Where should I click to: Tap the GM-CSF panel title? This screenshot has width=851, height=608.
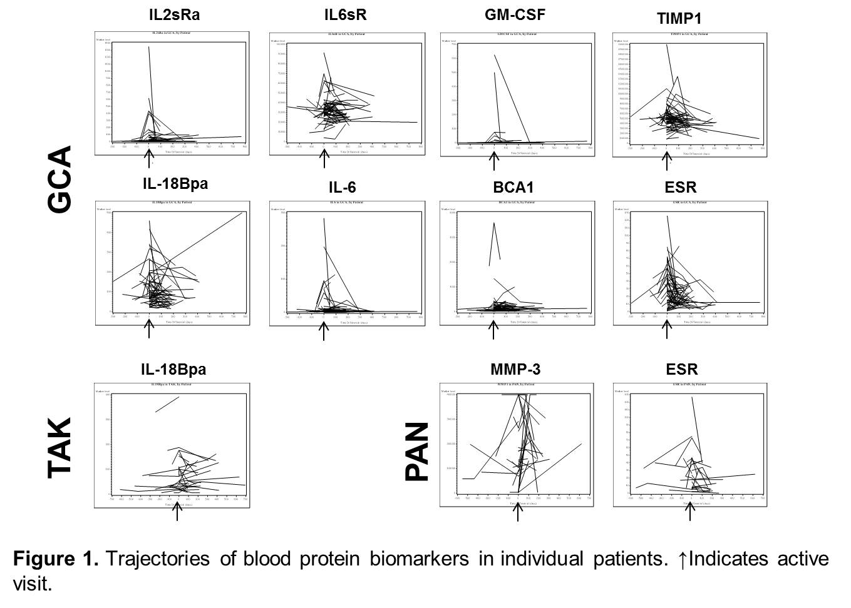point(515,14)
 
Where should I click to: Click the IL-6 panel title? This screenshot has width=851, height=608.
point(343,187)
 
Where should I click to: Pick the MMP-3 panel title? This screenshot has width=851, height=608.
point(515,370)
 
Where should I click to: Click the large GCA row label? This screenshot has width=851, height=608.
point(61,180)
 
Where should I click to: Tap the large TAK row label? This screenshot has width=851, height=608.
point(61,448)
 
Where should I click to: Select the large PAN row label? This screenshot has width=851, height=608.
point(418,452)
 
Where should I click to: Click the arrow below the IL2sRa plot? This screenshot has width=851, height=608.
point(148,159)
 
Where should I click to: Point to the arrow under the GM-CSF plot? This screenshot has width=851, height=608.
point(493,161)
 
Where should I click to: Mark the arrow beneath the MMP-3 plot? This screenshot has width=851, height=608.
point(517,511)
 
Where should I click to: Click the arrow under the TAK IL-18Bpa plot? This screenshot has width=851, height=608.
point(177,511)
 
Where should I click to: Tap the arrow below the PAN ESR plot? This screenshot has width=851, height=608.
point(691,511)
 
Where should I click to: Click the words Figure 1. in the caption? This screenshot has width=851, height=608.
point(55,558)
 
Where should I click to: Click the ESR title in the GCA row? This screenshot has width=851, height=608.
point(681,187)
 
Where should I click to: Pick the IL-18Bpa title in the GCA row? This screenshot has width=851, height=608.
point(175,184)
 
